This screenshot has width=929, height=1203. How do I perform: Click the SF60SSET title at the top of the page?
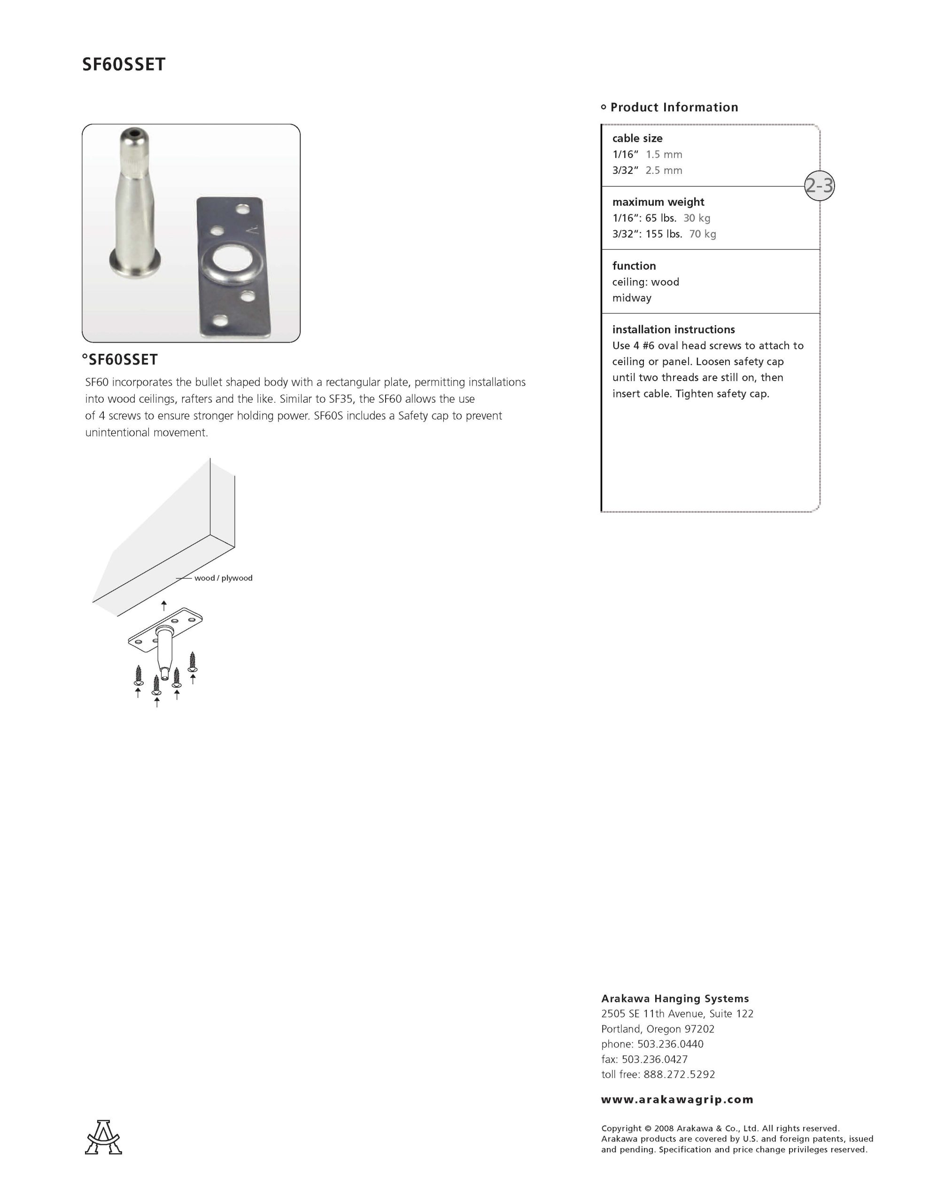coord(124,64)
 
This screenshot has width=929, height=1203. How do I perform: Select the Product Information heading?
coord(674,108)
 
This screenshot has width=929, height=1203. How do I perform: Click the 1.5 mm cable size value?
coord(664,154)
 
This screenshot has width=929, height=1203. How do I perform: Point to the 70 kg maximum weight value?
coord(702,234)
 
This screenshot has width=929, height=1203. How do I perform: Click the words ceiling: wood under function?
coord(645,282)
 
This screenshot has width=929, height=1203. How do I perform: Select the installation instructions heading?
coord(673,329)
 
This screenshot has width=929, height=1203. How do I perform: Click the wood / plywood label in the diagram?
coord(223,578)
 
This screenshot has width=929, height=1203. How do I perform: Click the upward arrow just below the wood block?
coord(163,605)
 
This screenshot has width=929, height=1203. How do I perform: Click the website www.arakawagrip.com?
coord(677,1100)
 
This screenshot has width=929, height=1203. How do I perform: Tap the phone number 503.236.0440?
coord(670,1044)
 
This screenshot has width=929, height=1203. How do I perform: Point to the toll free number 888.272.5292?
coord(679,1074)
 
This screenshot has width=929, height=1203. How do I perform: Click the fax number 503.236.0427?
coord(654,1059)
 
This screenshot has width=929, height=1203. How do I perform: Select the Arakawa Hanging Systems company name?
coord(674,998)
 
